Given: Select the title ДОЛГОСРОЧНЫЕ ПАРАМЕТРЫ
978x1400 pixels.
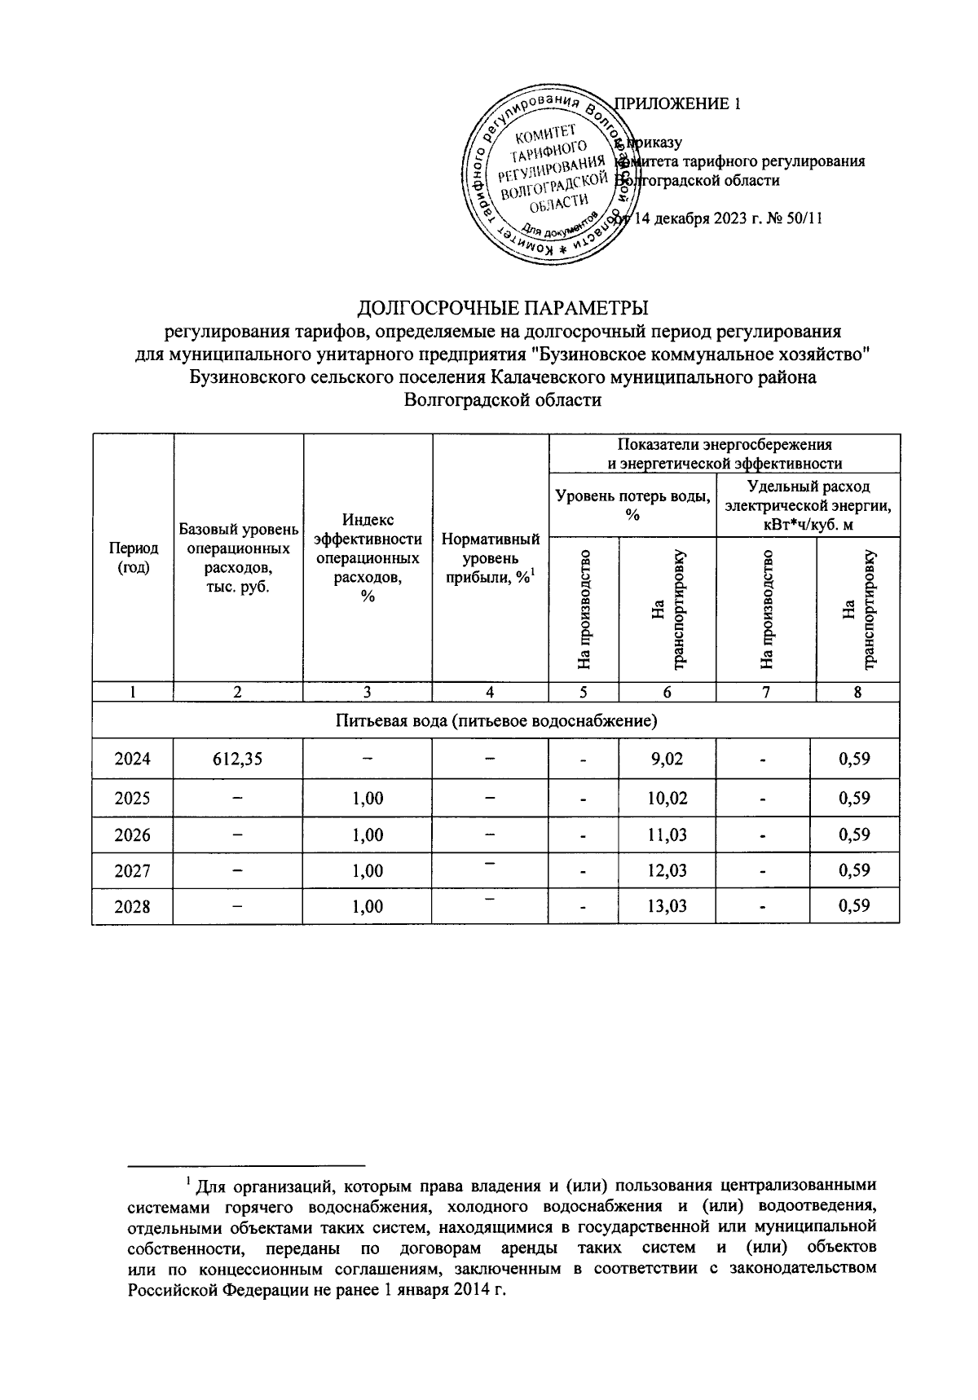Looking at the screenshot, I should coord(504,308).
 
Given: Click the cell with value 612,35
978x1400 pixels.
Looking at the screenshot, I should coord(237,759).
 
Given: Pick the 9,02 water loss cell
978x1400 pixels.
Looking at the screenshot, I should coord(666,759).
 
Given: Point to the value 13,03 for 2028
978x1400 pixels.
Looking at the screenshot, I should coord(666,905).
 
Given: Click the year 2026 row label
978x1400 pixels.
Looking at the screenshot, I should coord(132,834).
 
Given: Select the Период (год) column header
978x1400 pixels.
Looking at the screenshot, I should coord(133,558).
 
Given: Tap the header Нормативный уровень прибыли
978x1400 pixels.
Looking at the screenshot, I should coord(490,558).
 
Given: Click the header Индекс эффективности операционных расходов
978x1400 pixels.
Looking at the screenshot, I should coord(368,558).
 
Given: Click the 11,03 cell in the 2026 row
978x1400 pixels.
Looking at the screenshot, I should coord(666,834).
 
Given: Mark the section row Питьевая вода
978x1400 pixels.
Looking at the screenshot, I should coord(496,720).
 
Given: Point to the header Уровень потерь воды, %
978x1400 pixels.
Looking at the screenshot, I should coord(632,504).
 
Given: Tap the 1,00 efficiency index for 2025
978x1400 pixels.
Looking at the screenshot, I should coord(368,798).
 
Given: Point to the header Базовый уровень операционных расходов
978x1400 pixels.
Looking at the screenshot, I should coord(237,558).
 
